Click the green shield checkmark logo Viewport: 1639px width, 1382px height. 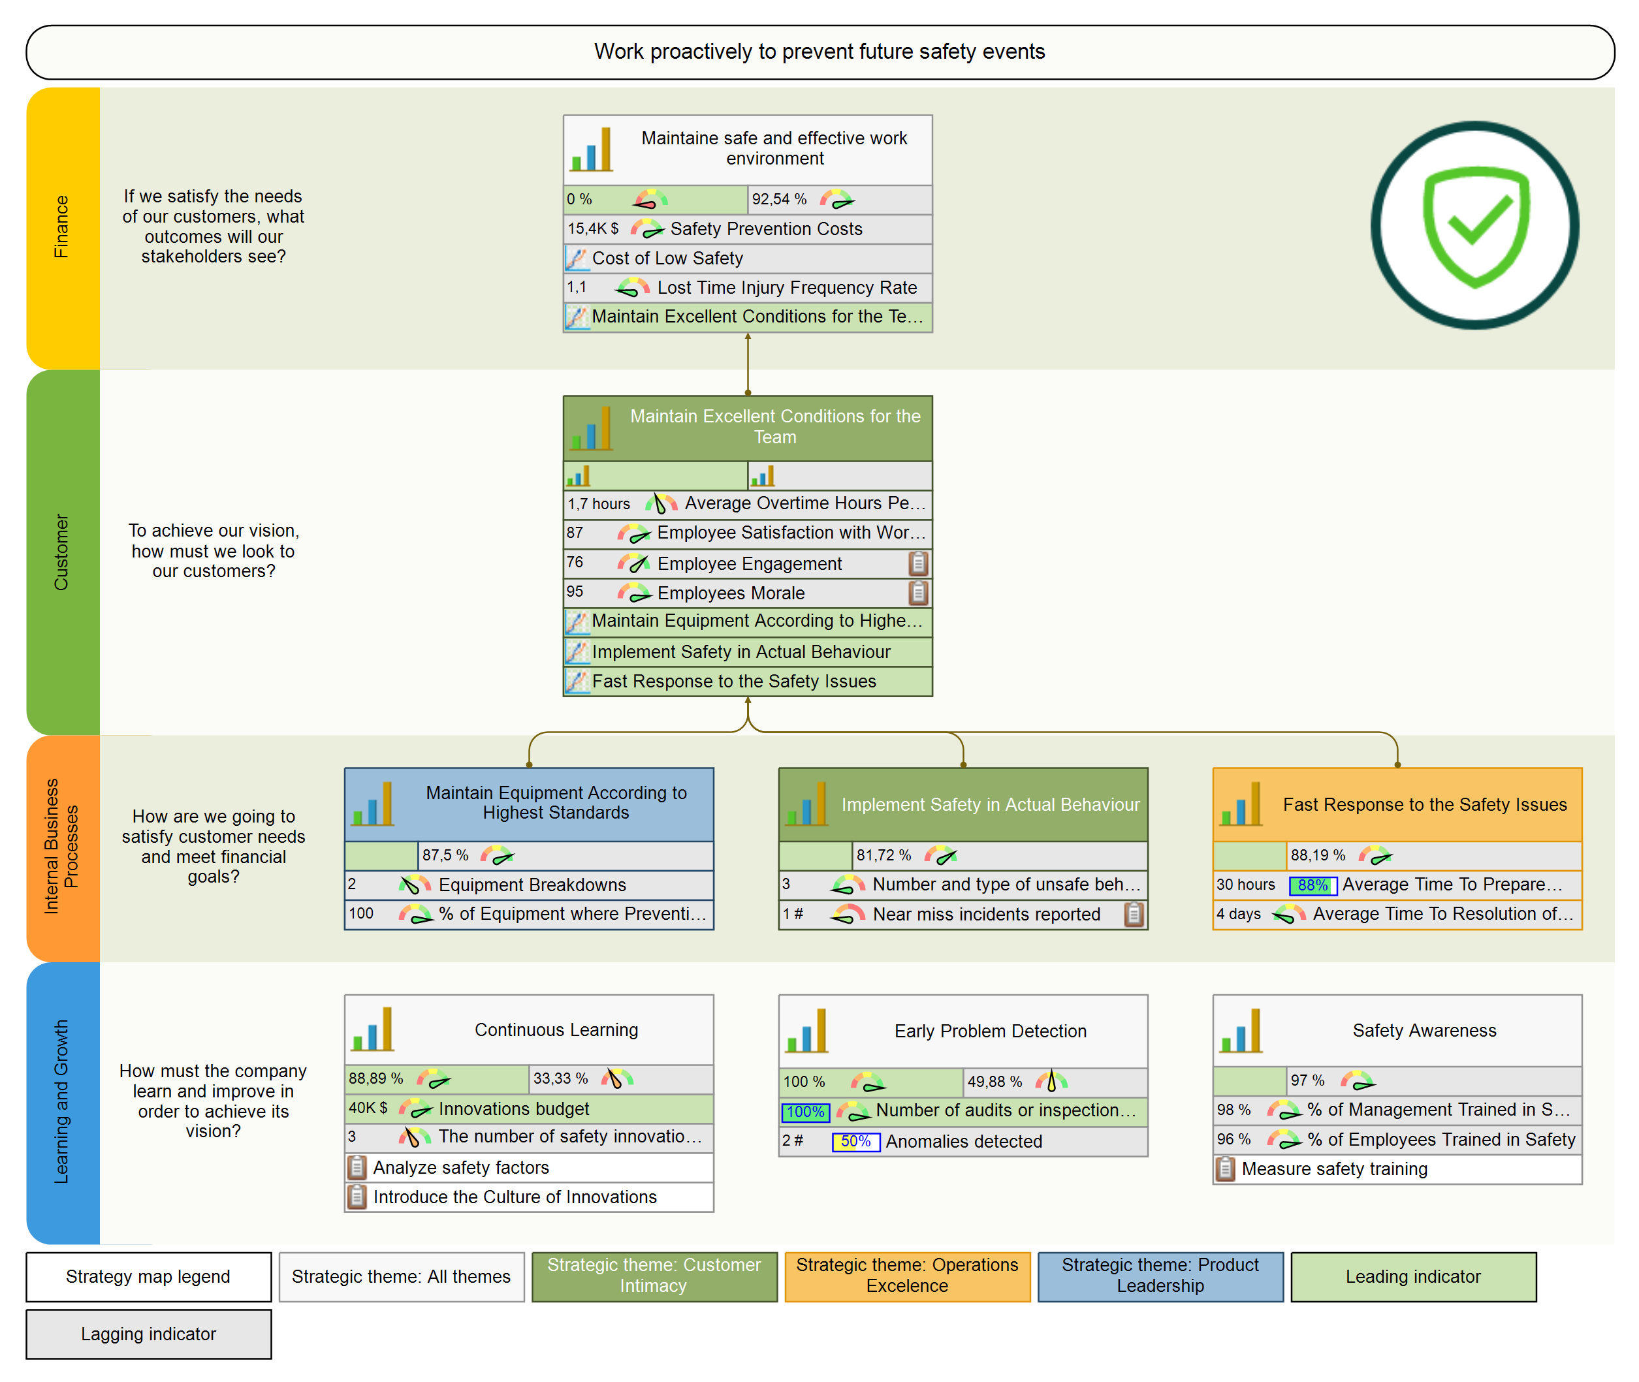[1474, 226]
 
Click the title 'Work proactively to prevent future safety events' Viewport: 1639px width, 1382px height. [819, 52]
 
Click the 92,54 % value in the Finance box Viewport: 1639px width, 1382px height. [779, 200]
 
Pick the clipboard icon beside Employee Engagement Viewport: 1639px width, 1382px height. [918, 563]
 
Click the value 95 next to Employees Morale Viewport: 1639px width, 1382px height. [575, 591]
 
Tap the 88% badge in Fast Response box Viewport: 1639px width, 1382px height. [1313, 885]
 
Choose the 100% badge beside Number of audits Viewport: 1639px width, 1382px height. [804, 1112]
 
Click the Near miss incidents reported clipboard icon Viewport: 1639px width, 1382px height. [1134, 915]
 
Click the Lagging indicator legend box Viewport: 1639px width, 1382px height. [148, 1334]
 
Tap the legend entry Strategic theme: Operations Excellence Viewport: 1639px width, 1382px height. [906, 1276]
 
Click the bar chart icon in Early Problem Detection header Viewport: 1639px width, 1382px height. [807, 1031]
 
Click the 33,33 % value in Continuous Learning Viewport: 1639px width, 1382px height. [560, 1079]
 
